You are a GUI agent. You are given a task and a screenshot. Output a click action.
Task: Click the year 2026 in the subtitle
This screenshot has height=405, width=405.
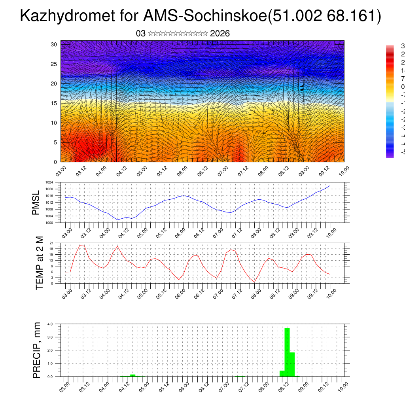[x=220, y=34]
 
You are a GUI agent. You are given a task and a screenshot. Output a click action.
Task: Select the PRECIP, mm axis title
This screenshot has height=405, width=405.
[x=37, y=350]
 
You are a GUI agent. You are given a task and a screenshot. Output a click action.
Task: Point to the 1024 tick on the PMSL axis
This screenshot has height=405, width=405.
[x=49, y=182]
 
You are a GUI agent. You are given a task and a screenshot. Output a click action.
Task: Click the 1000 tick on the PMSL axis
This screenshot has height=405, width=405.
[x=49, y=223]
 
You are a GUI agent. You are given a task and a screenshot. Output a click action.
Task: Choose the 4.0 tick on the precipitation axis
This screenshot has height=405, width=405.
[x=50, y=324]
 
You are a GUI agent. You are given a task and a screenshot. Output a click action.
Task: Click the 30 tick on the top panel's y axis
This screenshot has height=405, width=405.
[x=54, y=44]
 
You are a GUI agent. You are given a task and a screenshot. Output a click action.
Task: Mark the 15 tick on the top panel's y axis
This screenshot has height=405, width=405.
[x=54, y=103]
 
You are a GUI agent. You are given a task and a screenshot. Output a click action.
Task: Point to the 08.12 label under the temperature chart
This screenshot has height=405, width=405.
[x=274, y=293]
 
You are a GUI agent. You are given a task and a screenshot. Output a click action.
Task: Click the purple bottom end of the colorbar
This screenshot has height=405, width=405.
[x=390, y=155]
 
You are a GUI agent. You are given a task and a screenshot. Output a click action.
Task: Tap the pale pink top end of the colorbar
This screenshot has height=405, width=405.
[x=390, y=47]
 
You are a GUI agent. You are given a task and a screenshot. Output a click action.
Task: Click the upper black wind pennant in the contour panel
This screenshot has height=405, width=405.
[x=302, y=86]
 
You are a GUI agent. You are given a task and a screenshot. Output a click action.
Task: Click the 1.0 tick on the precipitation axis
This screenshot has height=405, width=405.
[x=50, y=363]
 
